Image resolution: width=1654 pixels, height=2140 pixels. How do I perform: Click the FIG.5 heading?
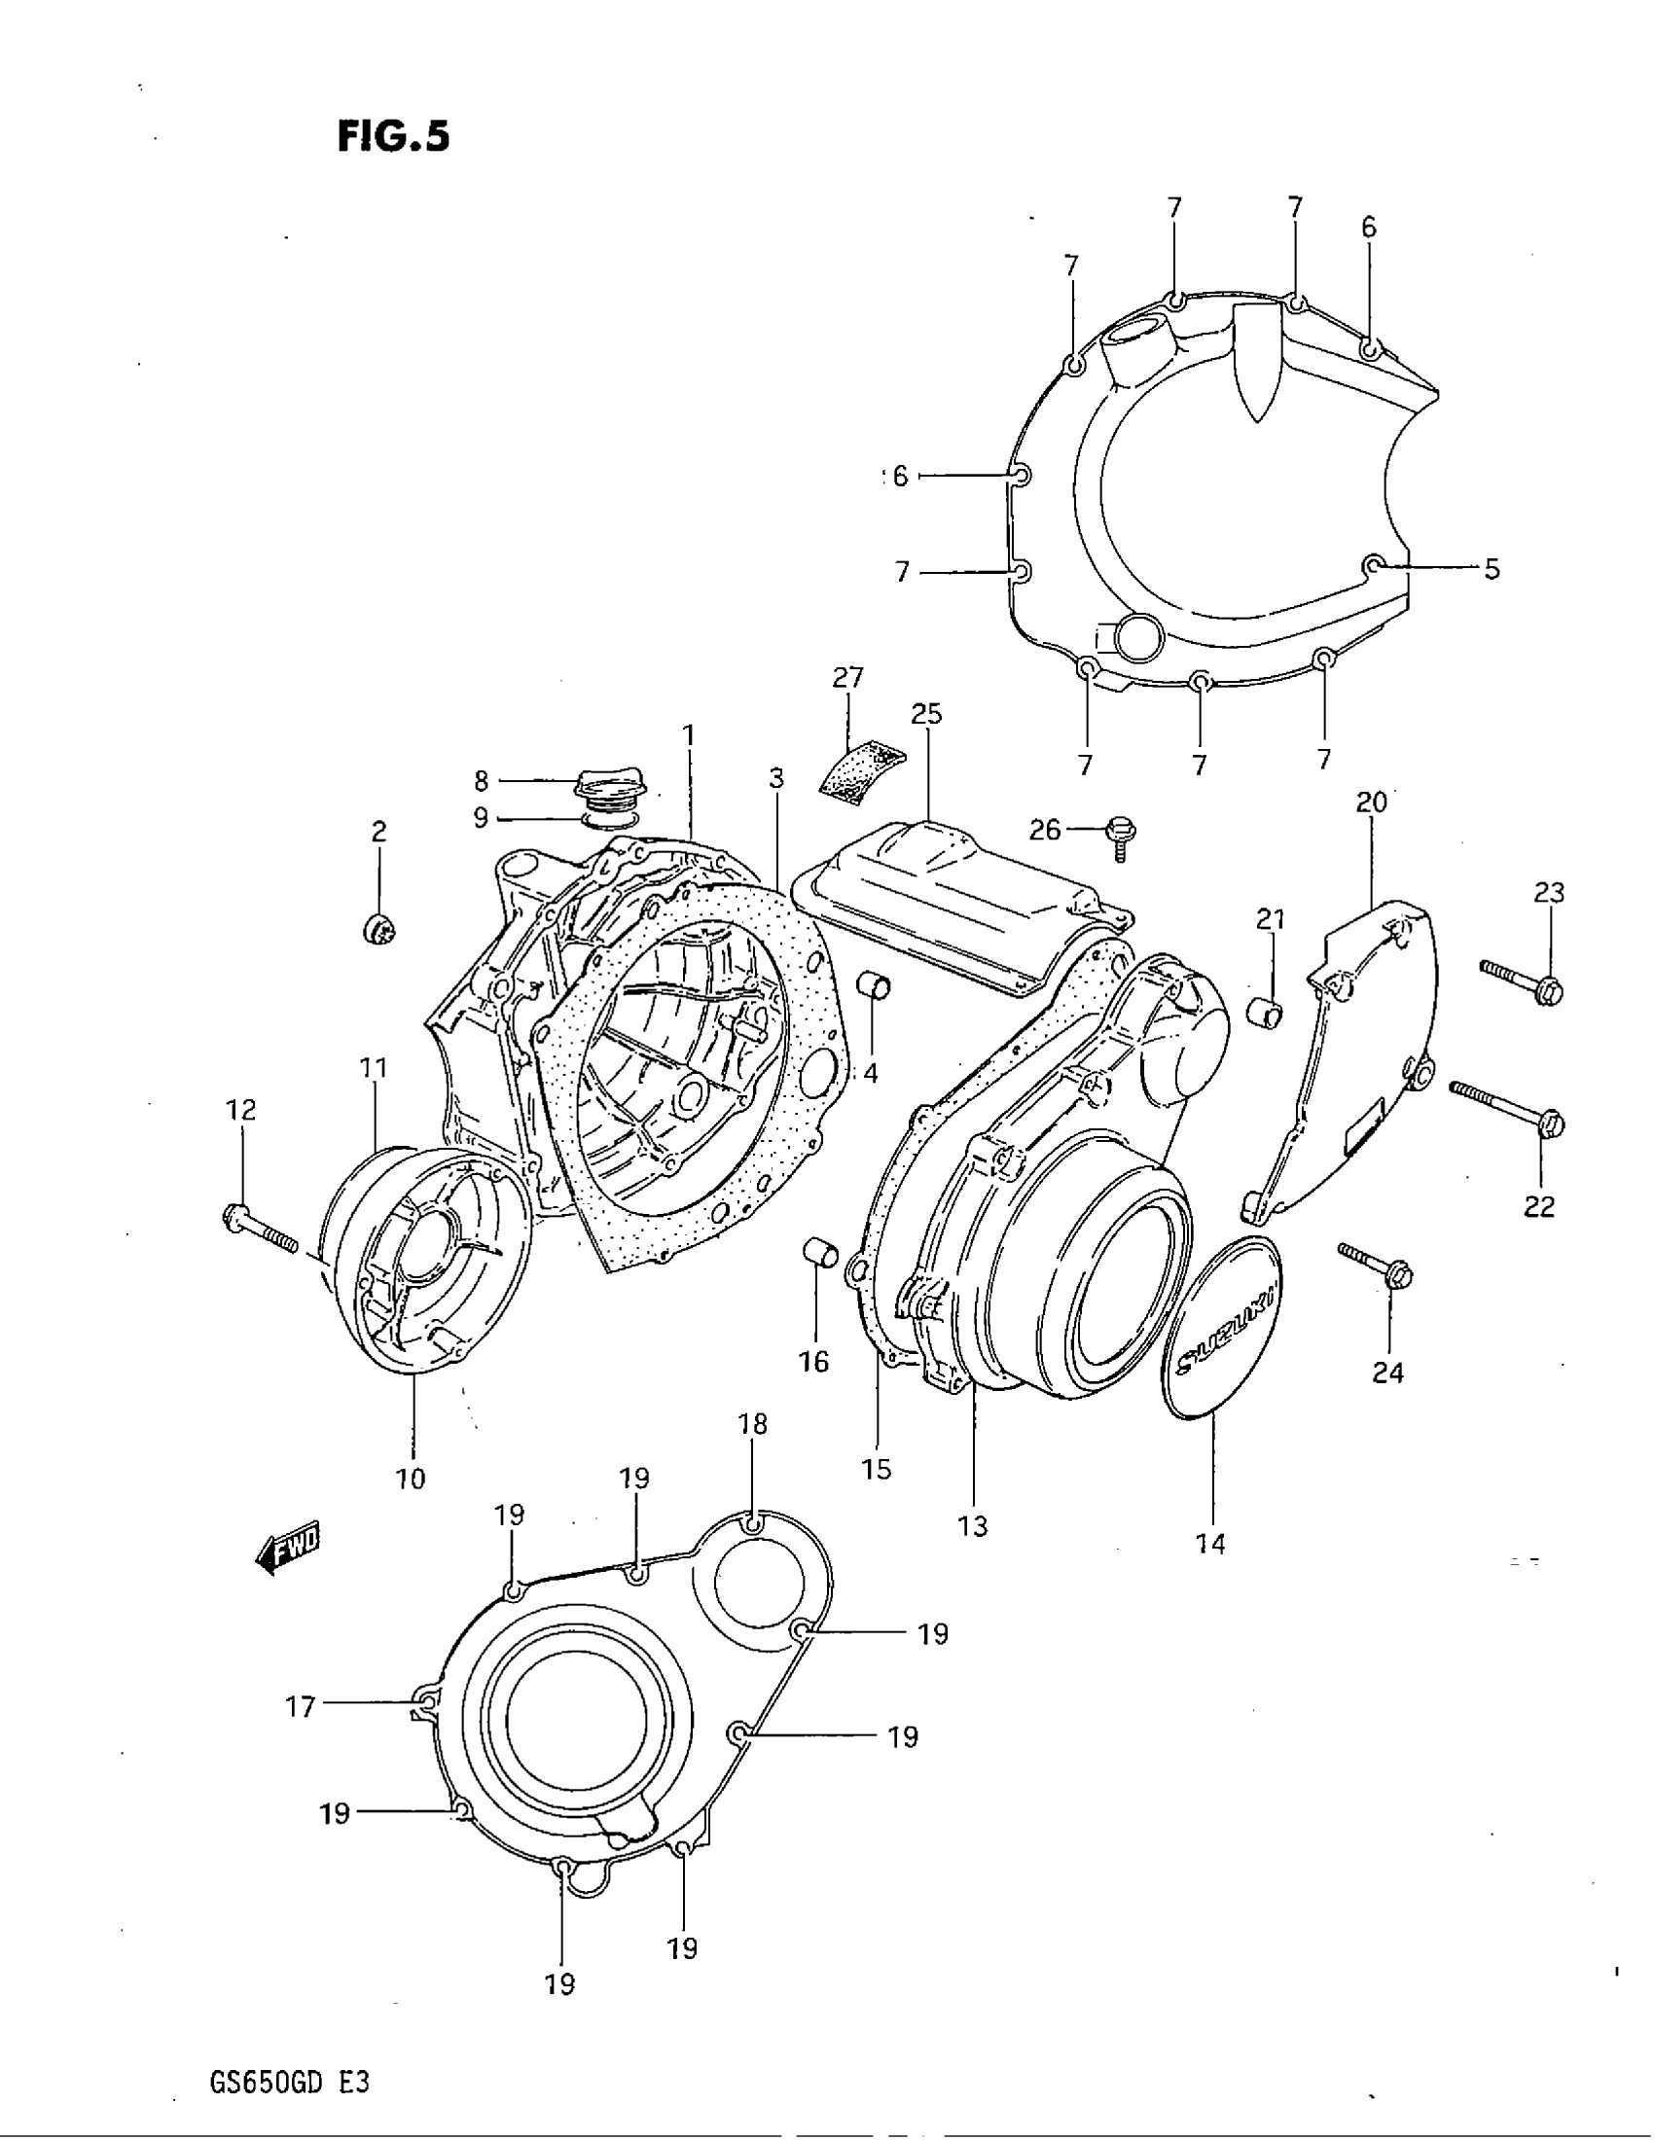click(x=393, y=137)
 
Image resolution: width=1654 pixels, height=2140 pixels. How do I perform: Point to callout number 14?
click(x=1210, y=1546)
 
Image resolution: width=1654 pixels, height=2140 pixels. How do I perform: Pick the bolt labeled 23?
click(x=1522, y=981)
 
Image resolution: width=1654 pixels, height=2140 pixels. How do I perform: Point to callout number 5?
click(x=1492, y=569)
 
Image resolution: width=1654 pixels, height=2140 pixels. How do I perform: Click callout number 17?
click(x=300, y=1708)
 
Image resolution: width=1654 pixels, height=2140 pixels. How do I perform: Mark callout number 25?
click(x=926, y=714)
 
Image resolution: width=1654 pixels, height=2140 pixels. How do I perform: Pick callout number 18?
click(x=752, y=1425)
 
